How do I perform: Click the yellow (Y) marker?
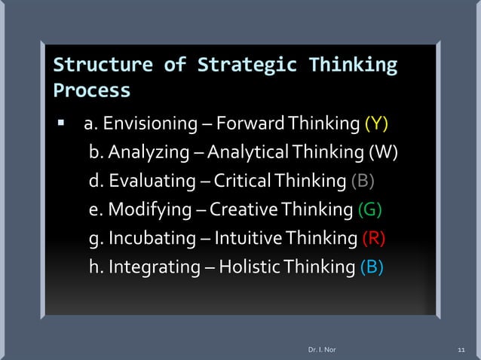[377, 124]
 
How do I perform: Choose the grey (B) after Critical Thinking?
[363, 182]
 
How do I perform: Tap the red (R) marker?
[374, 239]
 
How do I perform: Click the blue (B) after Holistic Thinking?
[371, 267]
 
